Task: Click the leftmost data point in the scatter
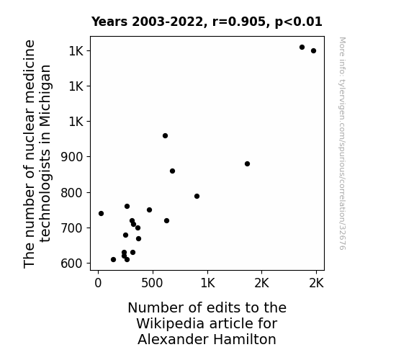pyautogui.click(x=101, y=213)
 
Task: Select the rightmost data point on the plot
pyautogui.click(x=313, y=50)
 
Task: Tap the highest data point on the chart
pyautogui.click(x=302, y=48)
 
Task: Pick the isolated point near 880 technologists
pyautogui.click(x=247, y=163)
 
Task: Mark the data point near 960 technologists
pyautogui.click(x=166, y=136)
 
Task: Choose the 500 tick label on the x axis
pyautogui.click(x=152, y=284)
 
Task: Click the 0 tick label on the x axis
pyautogui.click(x=98, y=284)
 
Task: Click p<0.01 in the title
pyautogui.click(x=299, y=22)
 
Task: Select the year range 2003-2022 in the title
pyautogui.click(x=169, y=22)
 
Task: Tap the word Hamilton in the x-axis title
pyautogui.click(x=245, y=339)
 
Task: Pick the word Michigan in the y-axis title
pyautogui.click(x=45, y=96)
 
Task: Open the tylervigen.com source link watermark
pyautogui.click(x=342, y=143)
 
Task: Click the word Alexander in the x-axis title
pyautogui.click(x=174, y=339)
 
